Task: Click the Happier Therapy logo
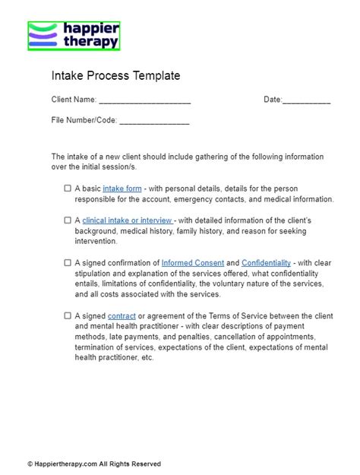(74, 36)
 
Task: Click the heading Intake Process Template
(115, 76)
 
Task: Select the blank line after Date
(306, 101)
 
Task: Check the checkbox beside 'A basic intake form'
(68, 188)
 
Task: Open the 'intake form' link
(122, 188)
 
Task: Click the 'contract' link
(122, 315)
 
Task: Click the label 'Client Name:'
(74, 100)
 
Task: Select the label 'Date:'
(273, 100)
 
